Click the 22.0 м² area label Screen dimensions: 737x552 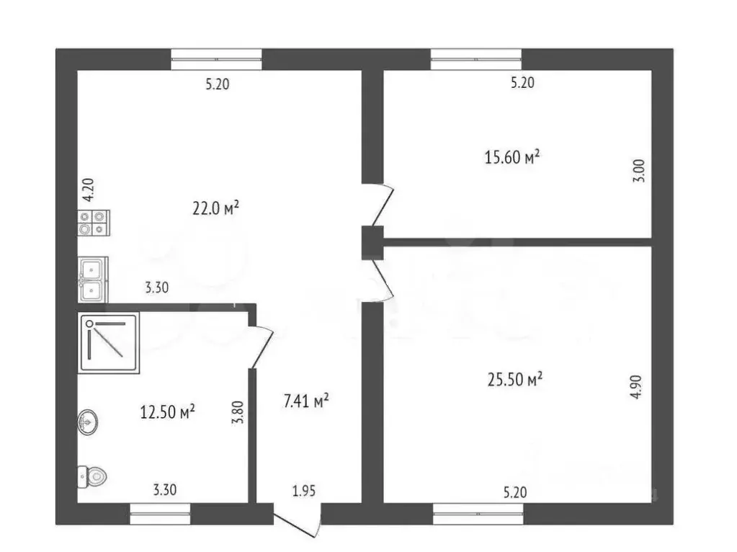(x=215, y=208)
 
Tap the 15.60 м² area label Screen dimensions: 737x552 (x=512, y=156)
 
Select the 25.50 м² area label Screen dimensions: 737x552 (x=515, y=379)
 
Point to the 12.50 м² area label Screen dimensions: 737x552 (x=167, y=412)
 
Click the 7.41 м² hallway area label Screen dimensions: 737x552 (x=306, y=401)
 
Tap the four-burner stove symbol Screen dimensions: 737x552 (x=94, y=223)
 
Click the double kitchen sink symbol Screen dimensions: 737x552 (x=93, y=280)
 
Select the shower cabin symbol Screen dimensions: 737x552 (x=109, y=343)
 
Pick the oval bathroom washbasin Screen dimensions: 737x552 (x=87, y=422)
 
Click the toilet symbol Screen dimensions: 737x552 (x=92, y=477)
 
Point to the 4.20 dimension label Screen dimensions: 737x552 (x=88, y=190)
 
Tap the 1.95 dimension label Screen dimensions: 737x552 (x=303, y=491)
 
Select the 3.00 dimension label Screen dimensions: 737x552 (x=639, y=171)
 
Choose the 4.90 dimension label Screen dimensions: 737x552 (x=635, y=387)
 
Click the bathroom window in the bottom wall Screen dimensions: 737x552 (x=160, y=513)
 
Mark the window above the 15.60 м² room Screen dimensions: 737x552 (x=476, y=60)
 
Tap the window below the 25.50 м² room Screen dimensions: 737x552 (x=478, y=513)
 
